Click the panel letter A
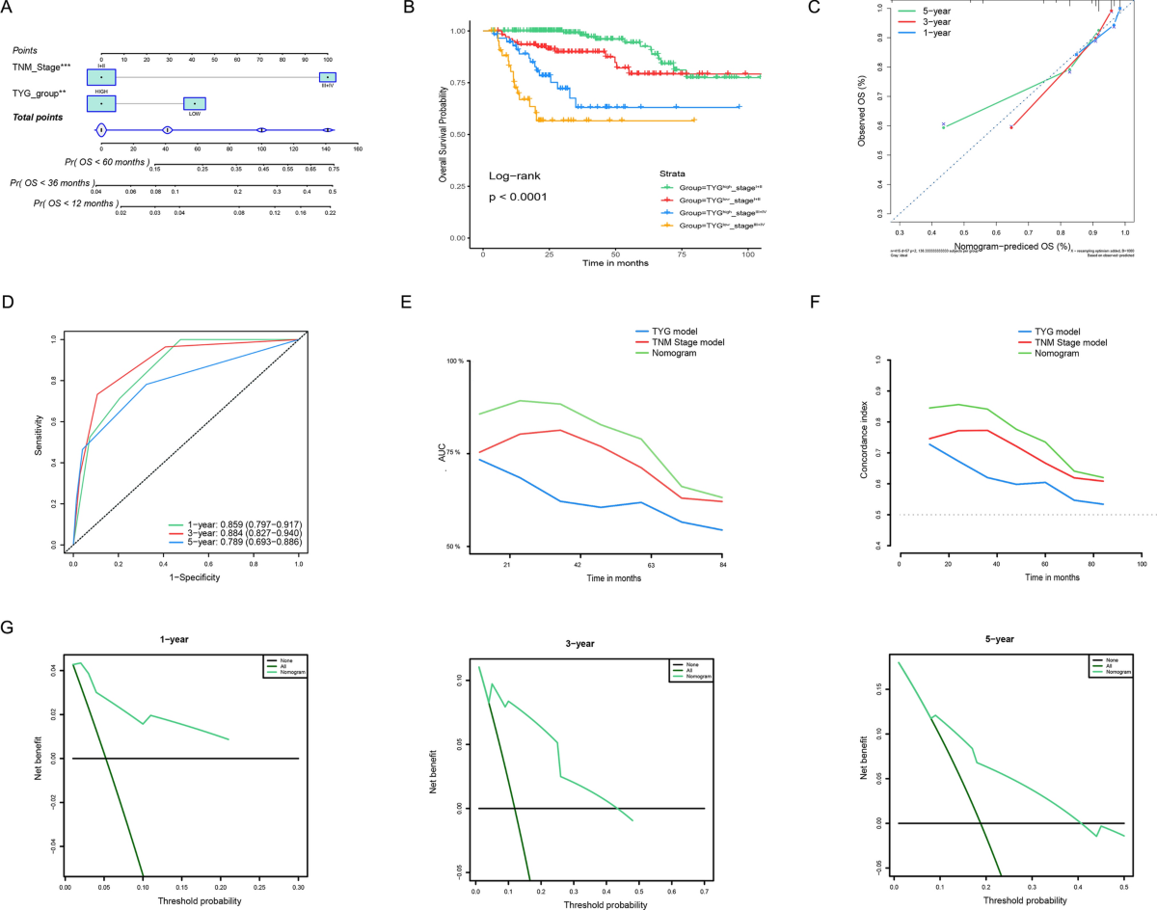(x=9, y=9)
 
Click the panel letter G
(x=8, y=628)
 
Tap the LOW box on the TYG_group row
(x=195, y=103)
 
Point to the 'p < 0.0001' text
(x=520, y=196)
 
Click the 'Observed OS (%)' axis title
(x=861, y=115)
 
